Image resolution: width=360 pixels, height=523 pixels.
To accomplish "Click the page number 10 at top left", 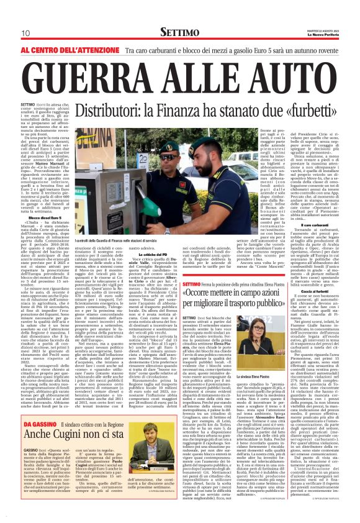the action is coord(25,34).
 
